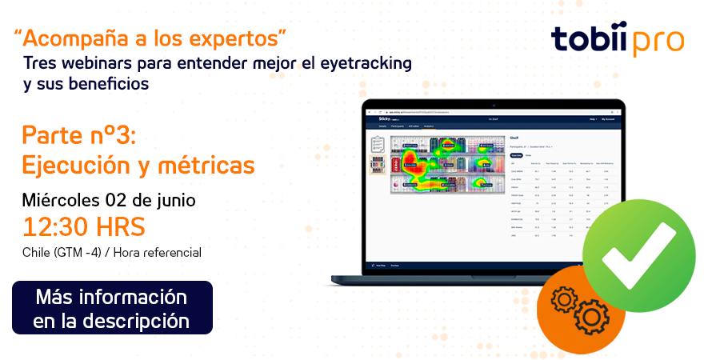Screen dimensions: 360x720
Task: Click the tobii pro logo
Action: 617,40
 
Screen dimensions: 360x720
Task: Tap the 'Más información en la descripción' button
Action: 112,308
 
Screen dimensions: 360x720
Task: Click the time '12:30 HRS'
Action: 84,227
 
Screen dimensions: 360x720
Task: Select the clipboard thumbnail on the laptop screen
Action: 378,145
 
